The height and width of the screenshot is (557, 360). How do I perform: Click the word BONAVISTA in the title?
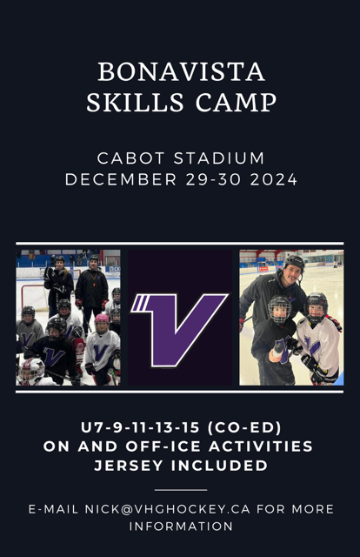pos(181,72)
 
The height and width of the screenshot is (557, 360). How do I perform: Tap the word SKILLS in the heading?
pos(135,103)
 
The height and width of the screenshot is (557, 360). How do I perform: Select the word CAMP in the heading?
pos(236,103)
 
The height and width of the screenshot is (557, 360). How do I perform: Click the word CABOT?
pos(130,158)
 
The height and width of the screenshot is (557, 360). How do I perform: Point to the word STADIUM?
pos(219,158)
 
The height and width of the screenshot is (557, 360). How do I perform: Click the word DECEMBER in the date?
pos(121,179)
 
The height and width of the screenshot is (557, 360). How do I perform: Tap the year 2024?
pos(274,179)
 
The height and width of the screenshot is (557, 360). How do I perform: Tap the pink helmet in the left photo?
pos(102,318)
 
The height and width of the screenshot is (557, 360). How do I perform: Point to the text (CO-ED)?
pos(244,427)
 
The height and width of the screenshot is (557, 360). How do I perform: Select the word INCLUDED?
pos(220,466)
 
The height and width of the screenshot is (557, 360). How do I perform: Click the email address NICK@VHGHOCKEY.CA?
pos(168,509)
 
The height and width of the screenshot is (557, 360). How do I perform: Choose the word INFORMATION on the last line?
pos(181,526)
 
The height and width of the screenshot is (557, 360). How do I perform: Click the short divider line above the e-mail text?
pos(181,490)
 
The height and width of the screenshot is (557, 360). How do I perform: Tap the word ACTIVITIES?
pos(261,446)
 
